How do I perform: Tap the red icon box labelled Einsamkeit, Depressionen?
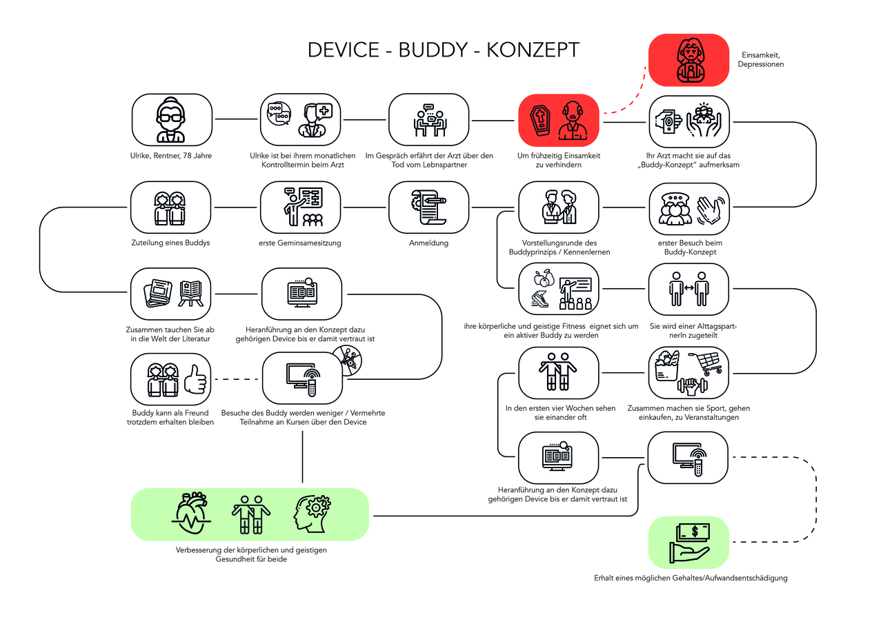tap(688, 60)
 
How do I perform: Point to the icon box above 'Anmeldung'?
tap(428, 207)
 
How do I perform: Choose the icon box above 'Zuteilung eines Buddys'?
tap(171, 207)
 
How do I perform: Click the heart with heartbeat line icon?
tap(190, 514)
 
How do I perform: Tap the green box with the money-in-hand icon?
tap(688, 542)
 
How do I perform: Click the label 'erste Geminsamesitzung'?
tap(300, 243)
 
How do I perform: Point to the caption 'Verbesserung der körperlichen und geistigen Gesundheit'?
tap(250, 554)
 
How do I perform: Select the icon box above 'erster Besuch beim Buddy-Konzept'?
tap(688, 207)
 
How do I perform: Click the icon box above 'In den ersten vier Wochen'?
tap(559, 372)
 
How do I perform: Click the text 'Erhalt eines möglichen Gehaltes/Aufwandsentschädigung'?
tap(690, 578)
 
